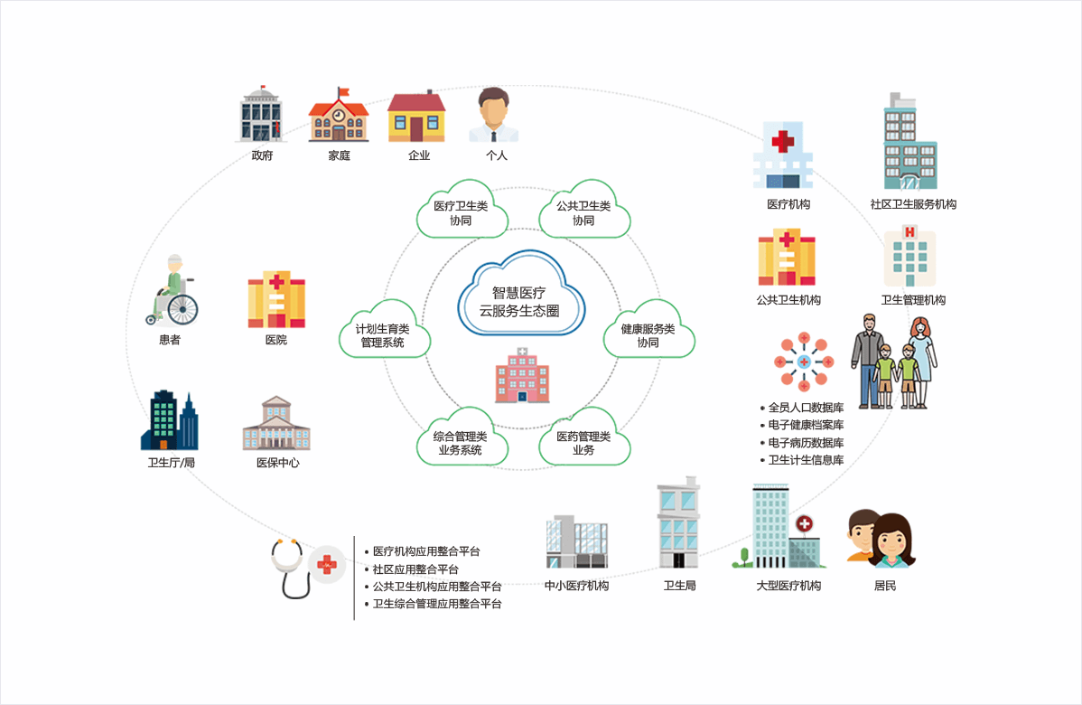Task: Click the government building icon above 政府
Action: coord(262,115)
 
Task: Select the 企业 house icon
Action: coord(416,117)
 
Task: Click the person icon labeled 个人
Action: coord(494,115)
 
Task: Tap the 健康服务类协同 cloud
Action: coord(648,335)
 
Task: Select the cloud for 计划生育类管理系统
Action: coord(382,335)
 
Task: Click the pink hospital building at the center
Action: coord(522,374)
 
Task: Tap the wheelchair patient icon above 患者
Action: coord(173,291)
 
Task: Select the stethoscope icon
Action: coord(290,568)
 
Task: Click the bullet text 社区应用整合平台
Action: coord(415,569)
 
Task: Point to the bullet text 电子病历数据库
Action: coord(806,443)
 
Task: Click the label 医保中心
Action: coord(277,463)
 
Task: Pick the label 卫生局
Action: coord(679,586)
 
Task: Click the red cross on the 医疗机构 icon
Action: coord(782,142)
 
